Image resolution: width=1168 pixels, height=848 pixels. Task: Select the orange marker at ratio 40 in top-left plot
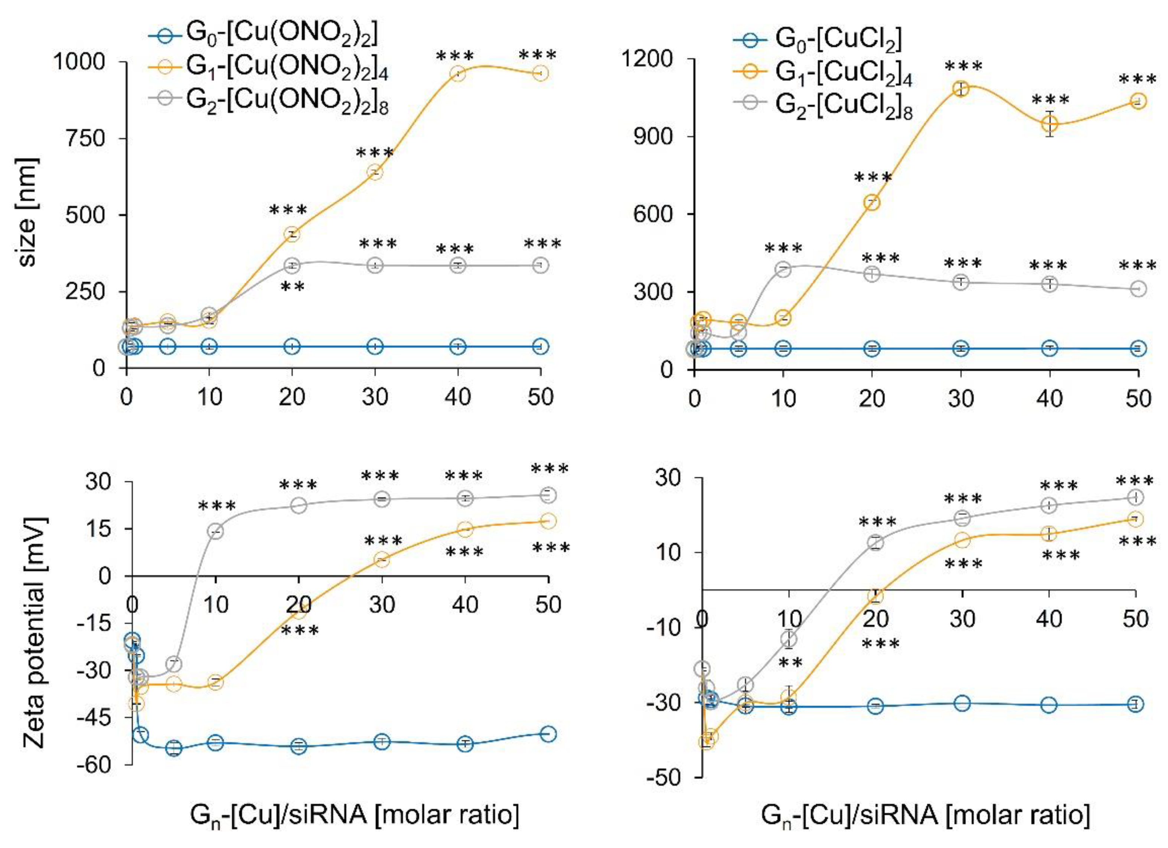click(x=457, y=74)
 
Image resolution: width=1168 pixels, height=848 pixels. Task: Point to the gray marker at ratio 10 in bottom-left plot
click(x=215, y=531)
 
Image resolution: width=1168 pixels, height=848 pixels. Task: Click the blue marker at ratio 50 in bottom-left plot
click(x=548, y=734)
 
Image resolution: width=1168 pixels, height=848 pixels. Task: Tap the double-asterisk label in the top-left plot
click(x=293, y=287)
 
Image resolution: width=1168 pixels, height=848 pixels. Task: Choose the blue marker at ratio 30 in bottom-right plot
click(x=962, y=703)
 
